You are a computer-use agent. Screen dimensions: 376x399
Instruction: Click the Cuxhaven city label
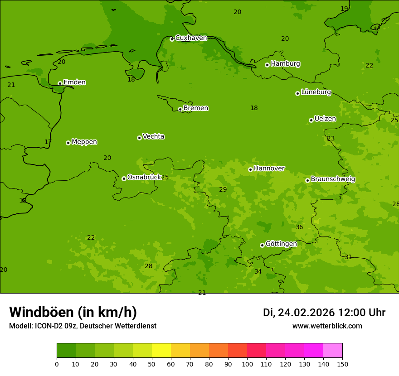click(191, 38)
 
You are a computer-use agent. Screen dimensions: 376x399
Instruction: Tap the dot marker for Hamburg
click(267, 65)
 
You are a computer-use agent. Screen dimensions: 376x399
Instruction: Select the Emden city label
click(74, 82)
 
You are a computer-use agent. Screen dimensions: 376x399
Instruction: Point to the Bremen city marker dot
click(180, 109)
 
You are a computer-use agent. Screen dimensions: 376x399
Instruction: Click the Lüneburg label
click(316, 92)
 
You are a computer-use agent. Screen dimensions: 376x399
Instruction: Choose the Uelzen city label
click(325, 119)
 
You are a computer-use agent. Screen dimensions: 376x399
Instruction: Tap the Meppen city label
click(84, 142)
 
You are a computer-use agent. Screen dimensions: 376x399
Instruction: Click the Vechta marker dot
click(139, 138)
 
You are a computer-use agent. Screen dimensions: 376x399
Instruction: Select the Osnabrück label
click(144, 178)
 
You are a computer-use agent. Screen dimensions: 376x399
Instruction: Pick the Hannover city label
click(269, 169)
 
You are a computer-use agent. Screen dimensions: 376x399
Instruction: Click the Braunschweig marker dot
click(307, 180)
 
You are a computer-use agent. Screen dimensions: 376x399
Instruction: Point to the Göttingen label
click(281, 244)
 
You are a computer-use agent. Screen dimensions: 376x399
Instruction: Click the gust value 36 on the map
click(299, 227)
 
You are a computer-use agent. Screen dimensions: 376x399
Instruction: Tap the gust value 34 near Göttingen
click(258, 272)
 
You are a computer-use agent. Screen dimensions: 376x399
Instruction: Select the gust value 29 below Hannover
click(223, 190)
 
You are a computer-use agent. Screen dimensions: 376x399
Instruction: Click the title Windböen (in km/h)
click(73, 312)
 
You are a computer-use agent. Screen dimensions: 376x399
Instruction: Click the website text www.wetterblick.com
click(327, 326)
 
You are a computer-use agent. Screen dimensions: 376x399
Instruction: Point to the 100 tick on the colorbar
click(247, 364)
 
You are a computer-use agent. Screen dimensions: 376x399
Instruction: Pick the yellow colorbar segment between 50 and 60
click(161, 351)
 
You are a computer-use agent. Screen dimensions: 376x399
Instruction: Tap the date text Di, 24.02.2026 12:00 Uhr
click(324, 313)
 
